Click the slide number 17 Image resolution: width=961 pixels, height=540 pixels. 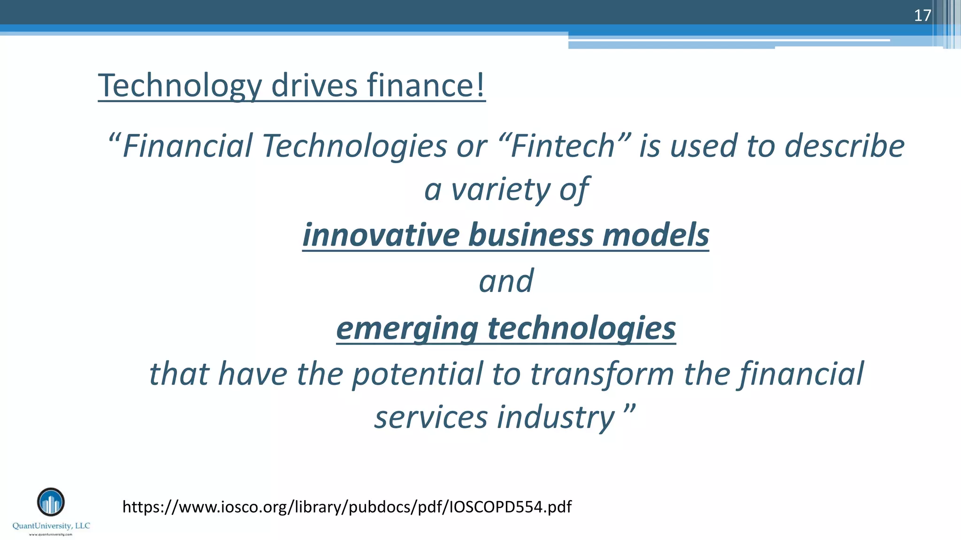pyautogui.click(x=922, y=15)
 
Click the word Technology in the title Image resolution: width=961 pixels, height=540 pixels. pyautogui.click(x=180, y=86)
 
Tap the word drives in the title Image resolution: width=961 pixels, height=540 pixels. pyautogui.click(x=314, y=86)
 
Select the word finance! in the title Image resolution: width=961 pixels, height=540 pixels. pyautogui.click(x=426, y=86)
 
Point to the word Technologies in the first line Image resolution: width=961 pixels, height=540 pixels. pyautogui.click(x=355, y=146)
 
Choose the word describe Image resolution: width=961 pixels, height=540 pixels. pyautogui.click(x=845, y=146)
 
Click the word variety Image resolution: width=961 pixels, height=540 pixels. pyautogui.click(x=500, y=190)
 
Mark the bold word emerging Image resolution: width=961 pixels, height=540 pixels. pyautogui.click(x=407, y=328)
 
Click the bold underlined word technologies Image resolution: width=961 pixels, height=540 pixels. pyautogui.click(x=582, y=328)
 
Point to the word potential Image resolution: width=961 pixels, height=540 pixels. pyautogui.click(x=418, y=374)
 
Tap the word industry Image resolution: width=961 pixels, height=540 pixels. pyautogui.click(x=556, y=417)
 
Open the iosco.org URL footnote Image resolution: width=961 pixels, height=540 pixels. pyautogui.click(x=347, y=507)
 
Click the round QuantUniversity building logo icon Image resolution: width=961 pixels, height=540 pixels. pyautogui.click(x=51, y=502)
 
